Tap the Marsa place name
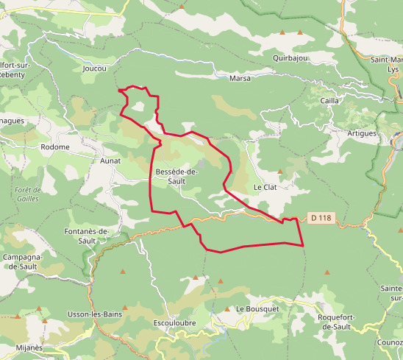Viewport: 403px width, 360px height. (x=240, y=78)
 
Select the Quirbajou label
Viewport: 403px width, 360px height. (x=288, y=57)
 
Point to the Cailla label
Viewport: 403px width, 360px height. (x=330, y=100)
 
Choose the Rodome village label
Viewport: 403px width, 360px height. (x=55, y=147)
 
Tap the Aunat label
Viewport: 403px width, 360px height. (x=110, y=159)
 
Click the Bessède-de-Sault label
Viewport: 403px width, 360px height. (x=176, y=176)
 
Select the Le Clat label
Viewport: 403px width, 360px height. (x=265, y=187)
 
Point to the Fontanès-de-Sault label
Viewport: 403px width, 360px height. (x=87, y=236)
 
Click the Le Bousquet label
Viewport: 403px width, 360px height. (x=257, y=308)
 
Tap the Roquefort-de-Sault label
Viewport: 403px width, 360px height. (x=336, y=321)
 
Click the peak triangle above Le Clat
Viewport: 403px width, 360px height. (x=279, y=172)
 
